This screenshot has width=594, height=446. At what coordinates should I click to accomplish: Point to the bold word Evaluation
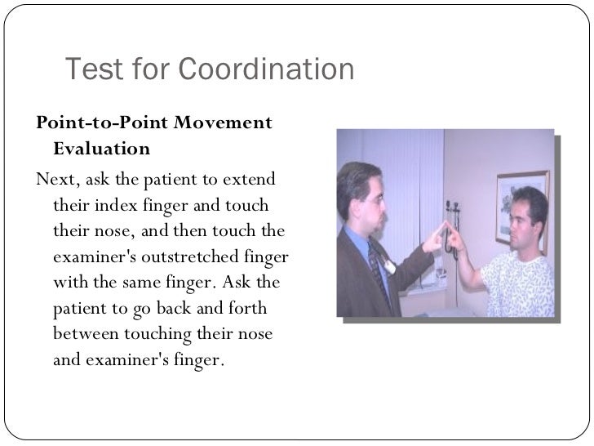101,149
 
